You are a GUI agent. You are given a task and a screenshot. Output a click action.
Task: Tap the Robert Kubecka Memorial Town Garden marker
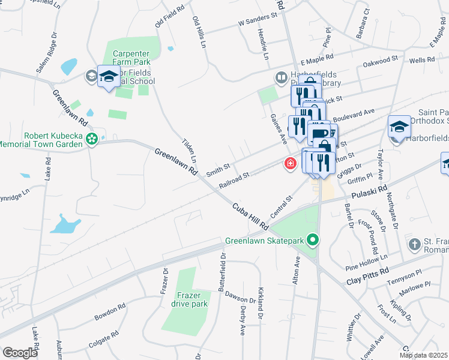pyautogui.click(x=91, y=140)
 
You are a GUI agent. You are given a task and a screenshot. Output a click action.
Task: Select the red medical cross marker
pyautogui.click(x=291, y=164)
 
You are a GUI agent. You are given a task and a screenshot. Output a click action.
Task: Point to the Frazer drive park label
pyautogui.click(x=192, y=299)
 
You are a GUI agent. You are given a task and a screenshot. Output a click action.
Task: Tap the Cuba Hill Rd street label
pyautogui.click(x=250, y=217)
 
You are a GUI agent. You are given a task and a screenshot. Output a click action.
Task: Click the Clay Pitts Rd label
pyautogui.click(x=368, y=277)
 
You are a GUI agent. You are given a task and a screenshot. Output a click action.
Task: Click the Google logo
pyautogui.click(x=20, y=352)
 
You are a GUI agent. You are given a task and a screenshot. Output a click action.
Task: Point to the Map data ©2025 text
pyautogui.click(x=423, y=355)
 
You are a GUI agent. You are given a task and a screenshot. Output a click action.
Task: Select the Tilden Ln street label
pyautogui.click(x=190, y=152)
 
